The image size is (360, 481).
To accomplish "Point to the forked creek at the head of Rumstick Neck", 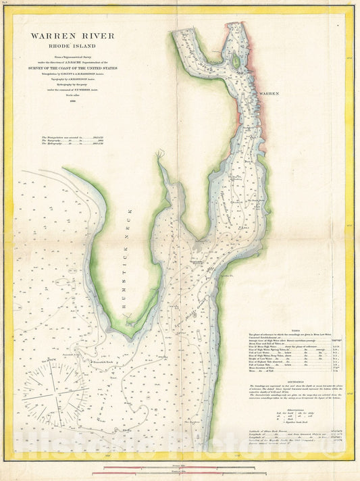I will click(159, 157).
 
